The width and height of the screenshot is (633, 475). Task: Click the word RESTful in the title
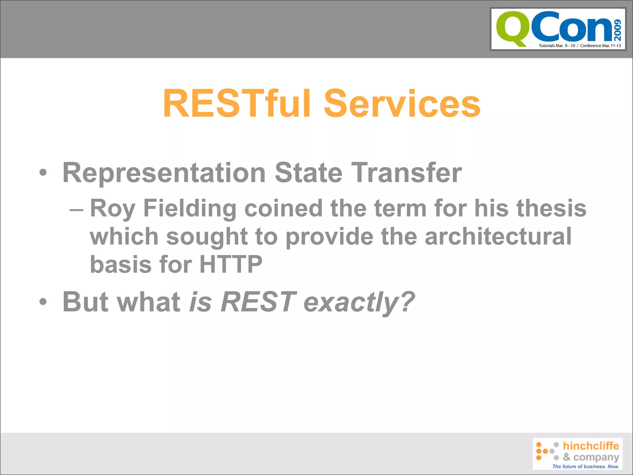[x=237, y=103]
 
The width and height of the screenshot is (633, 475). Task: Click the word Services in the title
[x=402, y=103]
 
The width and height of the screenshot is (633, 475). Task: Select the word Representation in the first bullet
[x=164, y=173]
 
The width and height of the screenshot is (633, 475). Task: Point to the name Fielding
[x=190, y=208]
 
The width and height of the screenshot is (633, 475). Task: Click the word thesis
[x=551, y=208]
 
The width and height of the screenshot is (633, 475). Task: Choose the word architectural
[x=498, y=237]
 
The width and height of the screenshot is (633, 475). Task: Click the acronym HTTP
[x=231, y=264]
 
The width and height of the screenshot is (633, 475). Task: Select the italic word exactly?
[x=359, y=302]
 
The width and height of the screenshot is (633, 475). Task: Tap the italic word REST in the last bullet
[x=258, y=302]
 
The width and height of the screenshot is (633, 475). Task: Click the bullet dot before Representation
[x=43, y=173]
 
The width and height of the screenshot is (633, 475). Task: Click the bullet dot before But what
[x=43, y=302]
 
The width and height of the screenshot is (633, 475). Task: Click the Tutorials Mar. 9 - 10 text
[x=557, y=46]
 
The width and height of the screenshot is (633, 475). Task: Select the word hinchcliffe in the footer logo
[x=591, y=446]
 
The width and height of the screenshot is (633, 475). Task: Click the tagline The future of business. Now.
[x=586, y=466]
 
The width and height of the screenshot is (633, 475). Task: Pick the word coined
[x=283, y=208]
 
